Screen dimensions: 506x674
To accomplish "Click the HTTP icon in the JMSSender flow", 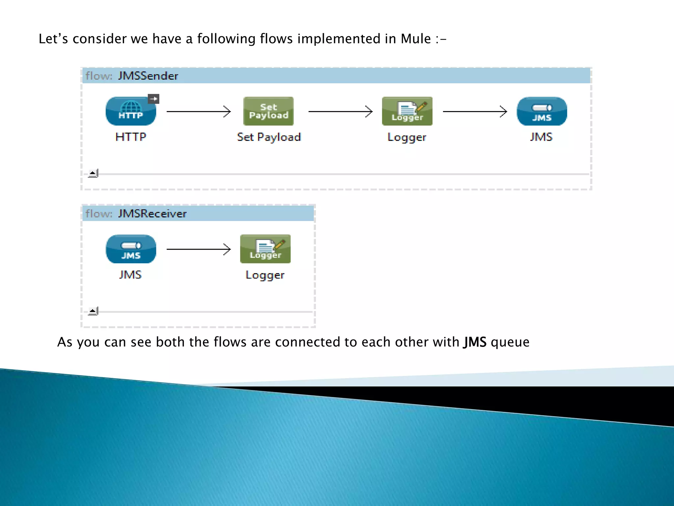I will tap(131, 111).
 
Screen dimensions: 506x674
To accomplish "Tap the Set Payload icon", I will tap(268, 111).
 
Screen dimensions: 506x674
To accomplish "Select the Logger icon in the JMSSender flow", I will tap(407, 111).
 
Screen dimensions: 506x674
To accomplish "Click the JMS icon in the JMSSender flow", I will tap(542, 111).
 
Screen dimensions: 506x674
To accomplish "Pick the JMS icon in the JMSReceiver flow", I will tap(131, 249).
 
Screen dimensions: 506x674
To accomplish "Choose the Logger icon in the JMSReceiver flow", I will tap(265, 249).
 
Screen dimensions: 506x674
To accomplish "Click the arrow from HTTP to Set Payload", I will tap(198, 112).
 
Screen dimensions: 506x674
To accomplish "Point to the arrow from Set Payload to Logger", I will tap(340, 112).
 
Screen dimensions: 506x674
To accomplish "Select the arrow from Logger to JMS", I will tap(475, 112).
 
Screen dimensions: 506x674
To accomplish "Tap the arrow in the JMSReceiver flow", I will tap(198, 249).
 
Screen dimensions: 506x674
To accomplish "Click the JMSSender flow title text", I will tap(148, 76).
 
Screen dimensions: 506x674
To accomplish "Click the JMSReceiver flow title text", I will tap(152, 214).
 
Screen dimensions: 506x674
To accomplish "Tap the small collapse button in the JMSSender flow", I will tap(93, 173).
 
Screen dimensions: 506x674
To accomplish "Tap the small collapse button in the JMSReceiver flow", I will tap(93, 311).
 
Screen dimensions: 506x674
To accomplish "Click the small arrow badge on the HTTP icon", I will tap(153, 99).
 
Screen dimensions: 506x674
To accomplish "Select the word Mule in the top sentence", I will tap(416, 39).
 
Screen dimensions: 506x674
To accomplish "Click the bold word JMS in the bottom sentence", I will tap(475, 342).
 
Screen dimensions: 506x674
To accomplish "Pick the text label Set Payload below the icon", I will tap(269, 137).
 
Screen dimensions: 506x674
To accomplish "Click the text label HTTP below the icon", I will tap(131, 137).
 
